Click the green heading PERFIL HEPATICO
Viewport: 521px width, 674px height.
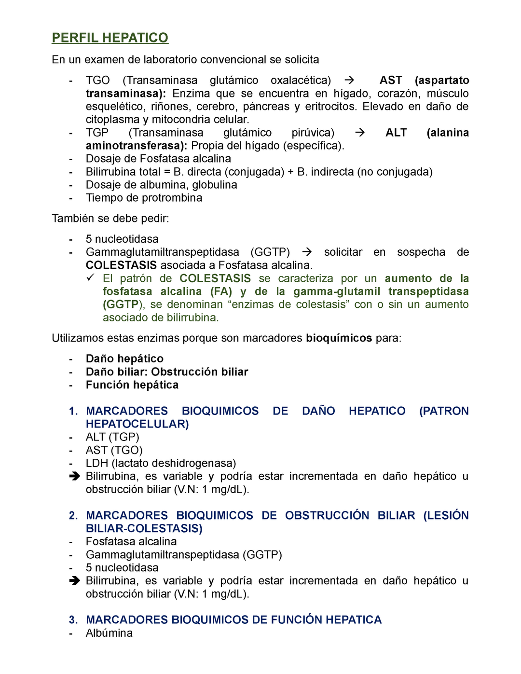[x=110, y=38]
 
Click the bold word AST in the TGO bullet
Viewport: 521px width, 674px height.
[x=391, y=80]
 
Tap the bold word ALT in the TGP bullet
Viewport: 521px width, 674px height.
[x=396, y=133]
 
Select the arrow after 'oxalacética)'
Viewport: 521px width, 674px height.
[x=350, y=80]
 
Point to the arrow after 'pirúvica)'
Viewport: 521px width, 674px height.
[x=359, y=133]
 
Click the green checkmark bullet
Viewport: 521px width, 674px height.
[x=91, y=278]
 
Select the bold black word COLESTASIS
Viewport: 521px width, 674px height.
[x=121, y=265]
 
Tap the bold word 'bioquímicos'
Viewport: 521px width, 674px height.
[x=339, y=338]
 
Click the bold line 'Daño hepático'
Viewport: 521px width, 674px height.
[x=124, y=359]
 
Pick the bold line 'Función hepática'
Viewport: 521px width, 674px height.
[x=132, y=385]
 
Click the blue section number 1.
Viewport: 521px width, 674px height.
[x=73, y=411]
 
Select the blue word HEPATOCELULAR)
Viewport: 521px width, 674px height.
[x=137, y=424]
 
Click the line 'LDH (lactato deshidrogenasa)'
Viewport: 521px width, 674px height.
[x=161, y=463]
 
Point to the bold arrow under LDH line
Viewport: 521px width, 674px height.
[x=74, y=476]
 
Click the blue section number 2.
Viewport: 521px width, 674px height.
[x=73, y=516]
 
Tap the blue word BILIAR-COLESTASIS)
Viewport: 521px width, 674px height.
[x=144, y=529]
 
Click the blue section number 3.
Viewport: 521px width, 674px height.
[x=73, y=620]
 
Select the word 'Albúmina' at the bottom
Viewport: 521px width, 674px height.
[x=109, y=633]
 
